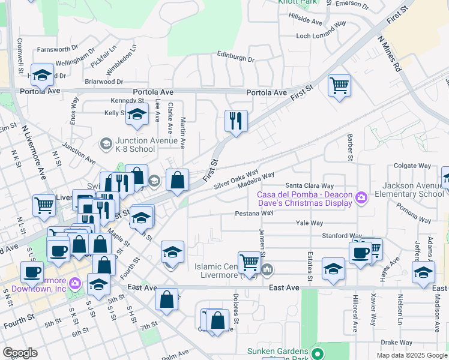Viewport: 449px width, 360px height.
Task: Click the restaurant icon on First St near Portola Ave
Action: [236, 121]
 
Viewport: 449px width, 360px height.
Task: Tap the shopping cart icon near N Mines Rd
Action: [339, 85]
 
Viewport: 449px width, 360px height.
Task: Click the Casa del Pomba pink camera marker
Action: [361, 197]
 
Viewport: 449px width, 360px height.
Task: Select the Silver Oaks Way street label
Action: [237, 179]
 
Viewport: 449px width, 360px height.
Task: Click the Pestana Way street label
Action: [254, 213]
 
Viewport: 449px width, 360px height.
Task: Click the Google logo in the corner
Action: [19, 353]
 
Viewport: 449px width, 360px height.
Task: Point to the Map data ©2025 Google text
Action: [411, 355]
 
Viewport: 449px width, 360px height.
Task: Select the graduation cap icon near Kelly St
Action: [137, 114]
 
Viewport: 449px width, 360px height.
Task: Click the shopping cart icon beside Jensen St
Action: [249, 262]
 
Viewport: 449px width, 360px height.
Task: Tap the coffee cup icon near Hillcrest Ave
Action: [361, 253]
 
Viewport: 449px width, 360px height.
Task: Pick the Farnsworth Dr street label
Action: [58, 49]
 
